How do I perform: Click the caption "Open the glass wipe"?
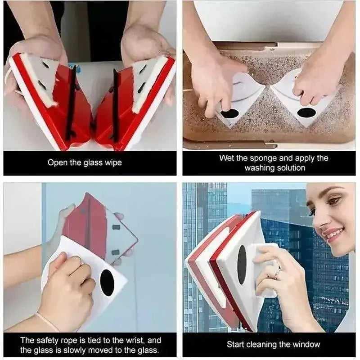tap(85, 163)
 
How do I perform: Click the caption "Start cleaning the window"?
tap(273, 345)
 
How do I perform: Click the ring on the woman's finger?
tap(278, 273)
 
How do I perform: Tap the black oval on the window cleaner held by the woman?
tap(242, 265)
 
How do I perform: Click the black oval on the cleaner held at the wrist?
tap(107, 283)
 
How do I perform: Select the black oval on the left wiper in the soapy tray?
tap(229, 114)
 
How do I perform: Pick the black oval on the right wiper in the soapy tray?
tap(306, 112)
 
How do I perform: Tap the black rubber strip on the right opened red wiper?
tap(116, 105)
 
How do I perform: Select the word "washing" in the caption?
tap(260, 168)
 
